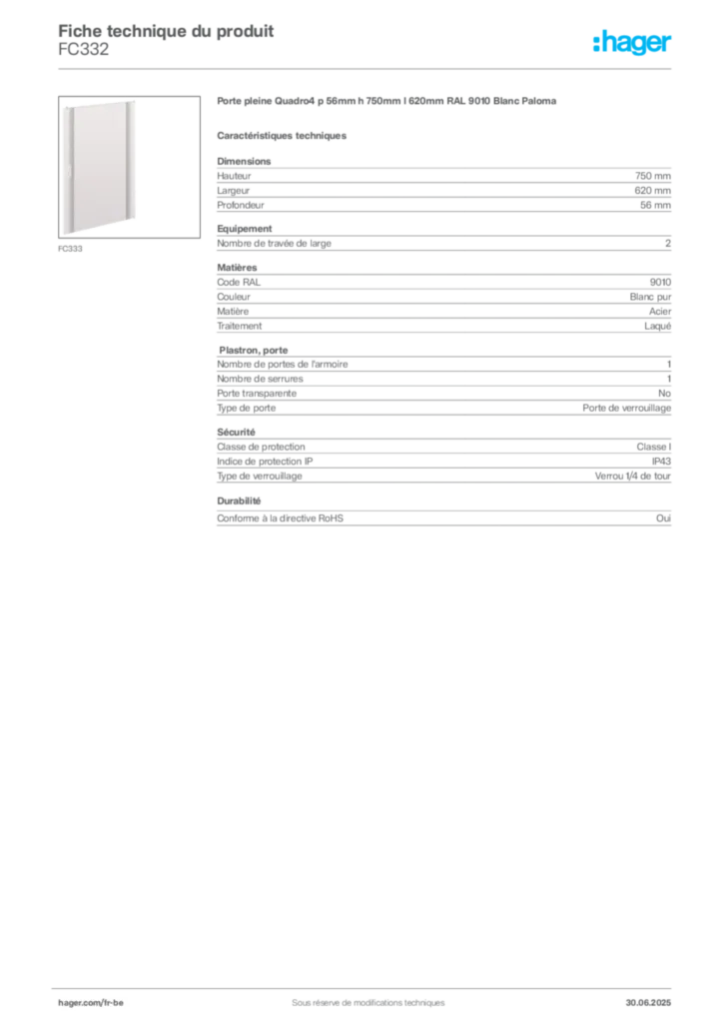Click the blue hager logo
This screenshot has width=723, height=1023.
coord(633,44)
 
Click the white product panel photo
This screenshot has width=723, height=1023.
coord(101,168)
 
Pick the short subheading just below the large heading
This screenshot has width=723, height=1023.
coord(284,136)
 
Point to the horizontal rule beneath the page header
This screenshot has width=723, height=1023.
coord(366,68)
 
